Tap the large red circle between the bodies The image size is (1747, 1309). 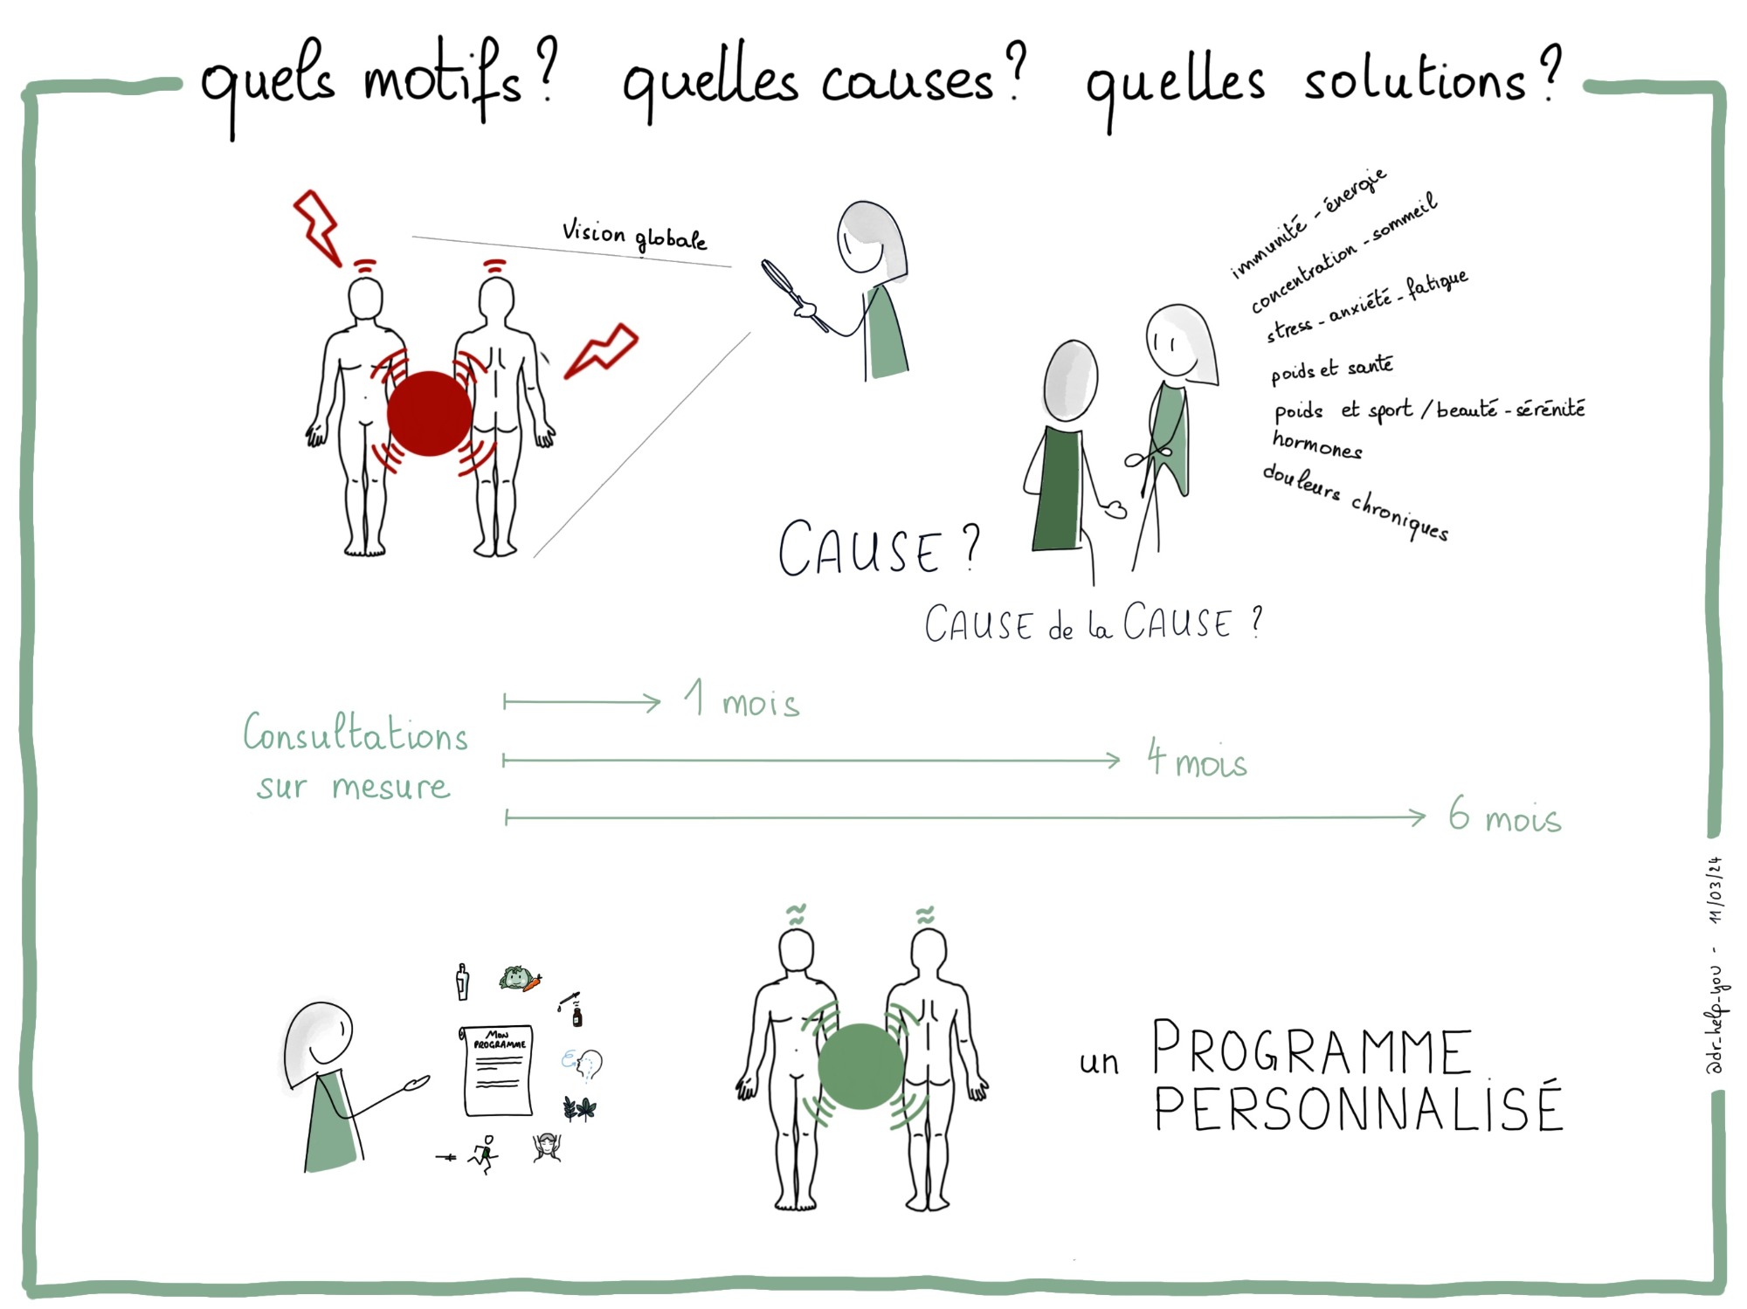(x=429, y=414)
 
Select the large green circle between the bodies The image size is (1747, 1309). (x=860, y=1066)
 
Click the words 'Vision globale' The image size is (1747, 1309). (x=634, y=235)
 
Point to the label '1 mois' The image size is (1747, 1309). (x=742, y=699)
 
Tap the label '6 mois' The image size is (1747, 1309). (x=1504, y=815)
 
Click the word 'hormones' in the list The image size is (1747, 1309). (x=1317, y=444)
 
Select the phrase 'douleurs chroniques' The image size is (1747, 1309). (x=1356, y=503)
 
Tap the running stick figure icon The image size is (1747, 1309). (x=484, y=1154)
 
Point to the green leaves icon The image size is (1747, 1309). (x=580, y=1109)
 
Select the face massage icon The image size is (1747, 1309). (x=548, y=1147)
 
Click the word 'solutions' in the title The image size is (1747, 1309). (x=1414, y=80)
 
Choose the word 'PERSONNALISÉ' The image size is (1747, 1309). (x=1358, y=1106)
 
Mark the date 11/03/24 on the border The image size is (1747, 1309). (x=1716, y=890)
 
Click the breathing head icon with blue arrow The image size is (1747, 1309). (x=582, y=1064)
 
